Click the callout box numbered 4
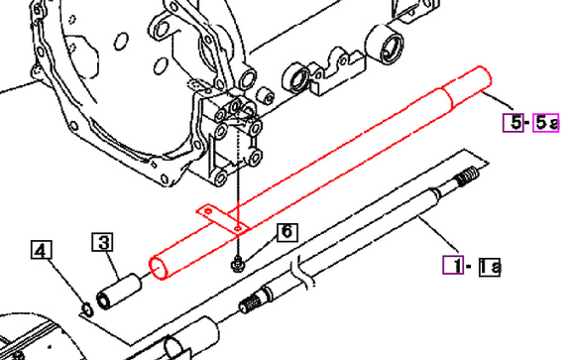click(x=40, y=251)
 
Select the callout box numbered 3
click(x=104, y=241)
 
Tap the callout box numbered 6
click(x=286, y=232)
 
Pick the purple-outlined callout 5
click(x=512, y=122)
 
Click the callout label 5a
click(x=547, y=122)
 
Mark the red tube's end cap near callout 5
click(x=484, y=79)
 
